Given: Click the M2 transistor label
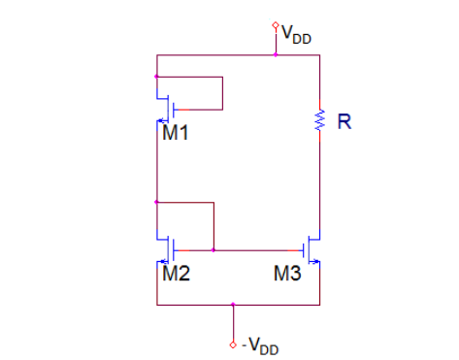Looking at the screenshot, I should pos(176,274).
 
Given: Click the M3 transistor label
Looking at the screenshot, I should pos(288,274).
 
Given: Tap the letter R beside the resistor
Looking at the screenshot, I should pos(343,122).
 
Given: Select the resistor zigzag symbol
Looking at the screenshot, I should pos(318,121).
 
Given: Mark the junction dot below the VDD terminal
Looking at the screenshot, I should pos(276,55).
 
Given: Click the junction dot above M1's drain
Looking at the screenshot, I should pos(156,75).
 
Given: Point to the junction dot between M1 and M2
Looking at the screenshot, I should pos(156,202).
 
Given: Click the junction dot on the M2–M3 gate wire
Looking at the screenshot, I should pos(213,250).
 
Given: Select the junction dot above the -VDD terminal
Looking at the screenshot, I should pos(233,304).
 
